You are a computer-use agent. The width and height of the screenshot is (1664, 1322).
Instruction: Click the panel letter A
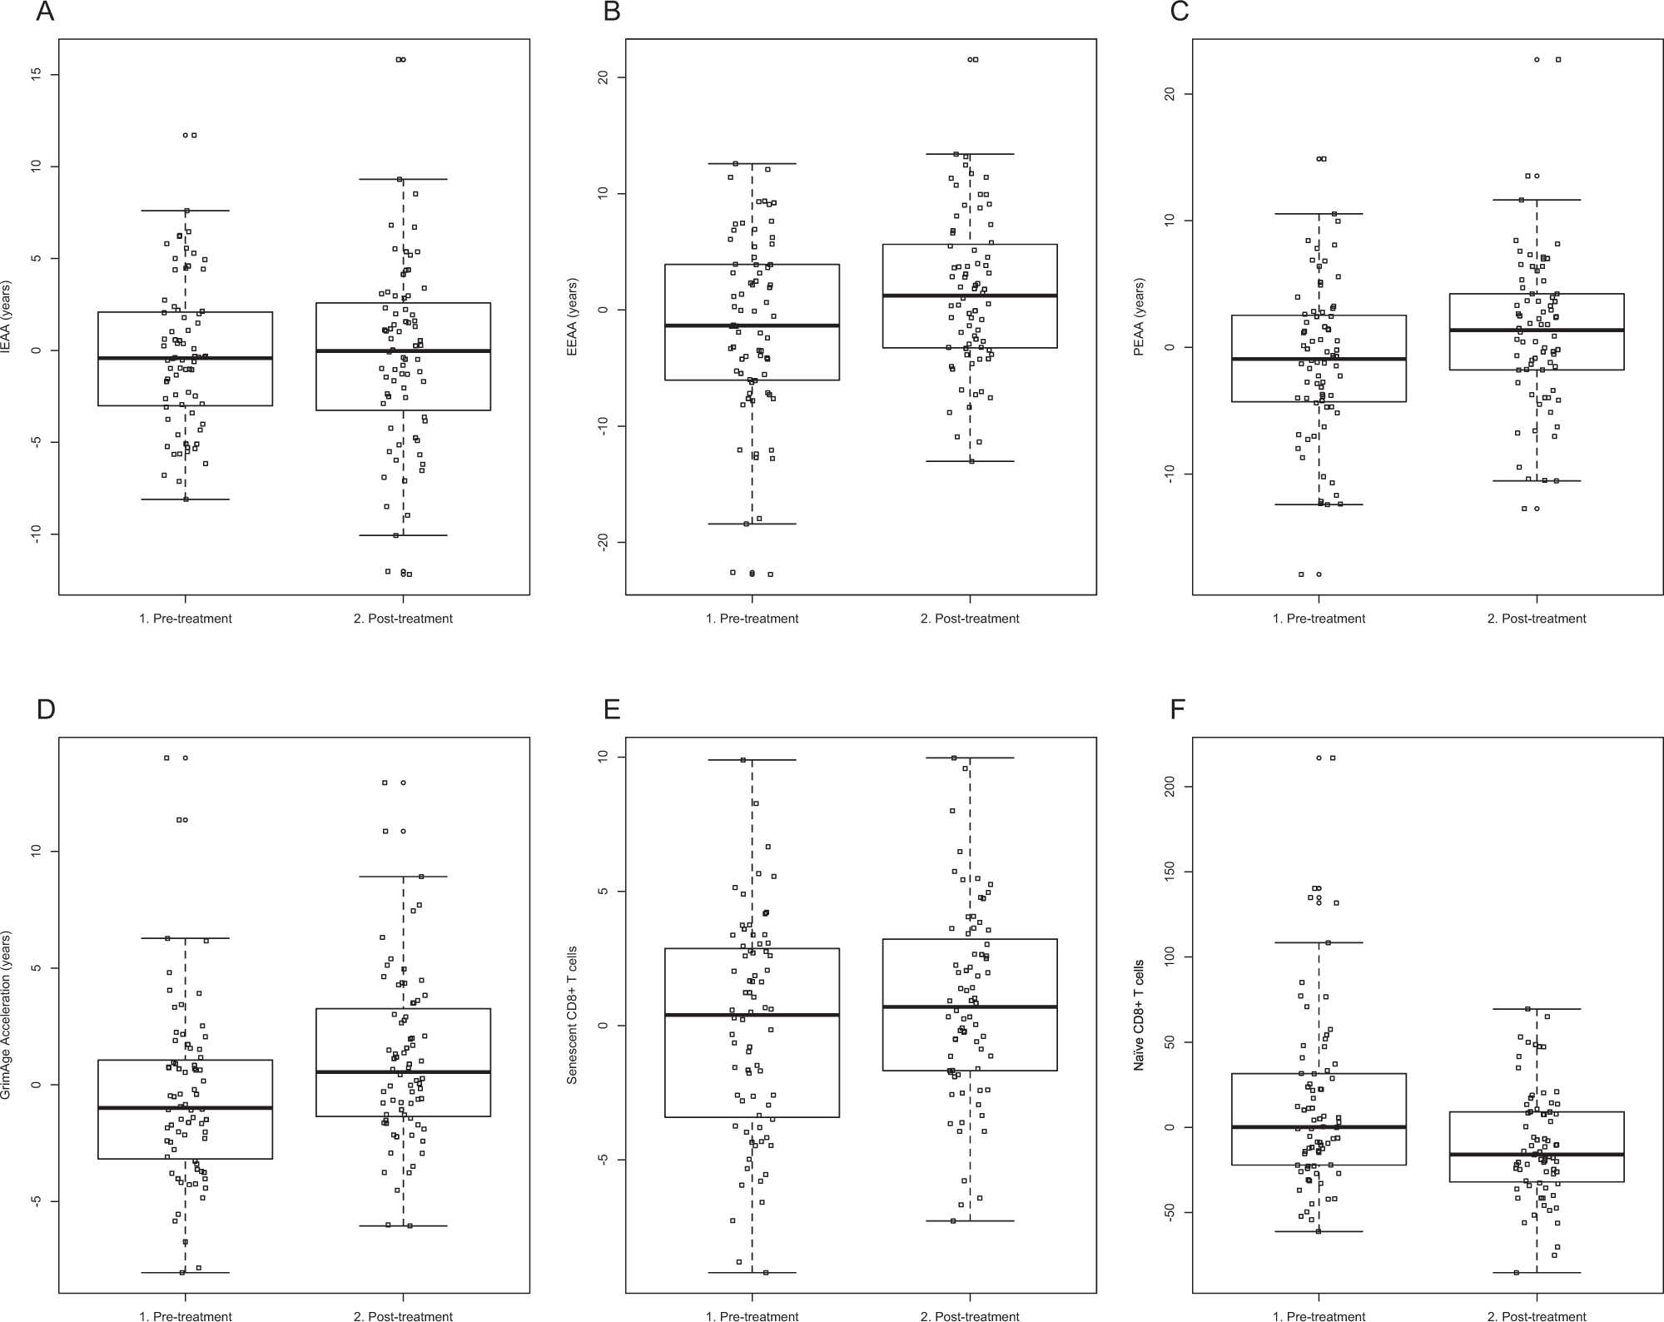point(45,12)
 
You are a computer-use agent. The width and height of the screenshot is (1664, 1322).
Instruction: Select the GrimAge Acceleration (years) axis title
point(7,1016)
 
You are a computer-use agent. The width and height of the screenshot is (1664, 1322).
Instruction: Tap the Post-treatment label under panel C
point(1536,619)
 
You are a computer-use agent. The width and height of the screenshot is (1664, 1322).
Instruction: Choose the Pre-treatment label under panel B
point(752,619)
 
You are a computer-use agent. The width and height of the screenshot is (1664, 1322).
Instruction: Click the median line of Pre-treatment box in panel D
point(185,1108)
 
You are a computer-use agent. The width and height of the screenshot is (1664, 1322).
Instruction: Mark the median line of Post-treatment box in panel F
point(1536,1155)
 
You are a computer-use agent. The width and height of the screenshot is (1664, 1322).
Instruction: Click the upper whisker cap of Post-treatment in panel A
point(404,179)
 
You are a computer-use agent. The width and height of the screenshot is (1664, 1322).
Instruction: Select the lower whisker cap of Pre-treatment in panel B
point(752,524)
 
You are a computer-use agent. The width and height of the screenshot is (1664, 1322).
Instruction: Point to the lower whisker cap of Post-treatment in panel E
point(970,1220)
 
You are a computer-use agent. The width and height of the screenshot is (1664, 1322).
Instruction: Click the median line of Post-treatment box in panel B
point(970,296)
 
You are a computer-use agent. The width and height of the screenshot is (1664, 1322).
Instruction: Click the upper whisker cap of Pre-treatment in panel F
point(1319,942)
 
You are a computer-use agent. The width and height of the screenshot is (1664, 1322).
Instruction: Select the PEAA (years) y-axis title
point(1140,317)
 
